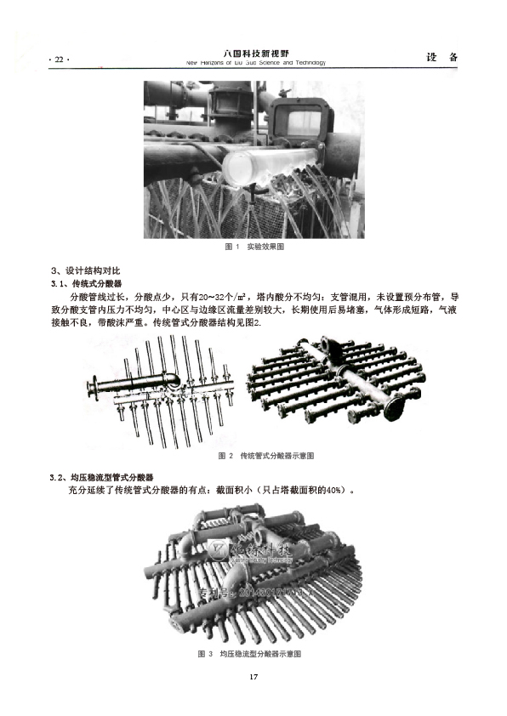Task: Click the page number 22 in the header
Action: click(59, 60)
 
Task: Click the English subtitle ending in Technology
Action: click(254, 63)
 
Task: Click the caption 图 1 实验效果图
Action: click(253, 247)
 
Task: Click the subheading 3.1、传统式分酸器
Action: click(87, 283)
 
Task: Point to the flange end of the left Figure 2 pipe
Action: click(93, 392)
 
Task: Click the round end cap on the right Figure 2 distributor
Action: click(396, 408)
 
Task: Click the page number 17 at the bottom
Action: click(253, 678)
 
